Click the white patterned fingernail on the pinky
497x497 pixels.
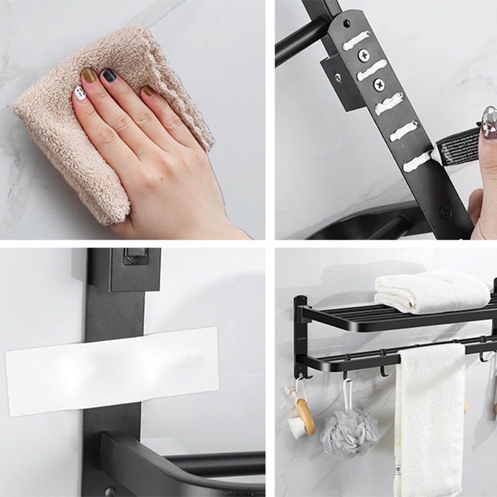click(x=80, y=93)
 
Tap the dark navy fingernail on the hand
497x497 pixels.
click(x=109, y=76)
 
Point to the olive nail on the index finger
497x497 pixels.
click(x=89, y=75)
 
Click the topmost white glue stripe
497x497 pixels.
click(x=356, y=40)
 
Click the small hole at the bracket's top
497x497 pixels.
click(x=346, y=24)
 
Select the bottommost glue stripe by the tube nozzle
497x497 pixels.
click(x=417, y=161)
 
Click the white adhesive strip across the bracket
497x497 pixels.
click(x=112, y=370)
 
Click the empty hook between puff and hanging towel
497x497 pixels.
click(x=384, y=371)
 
